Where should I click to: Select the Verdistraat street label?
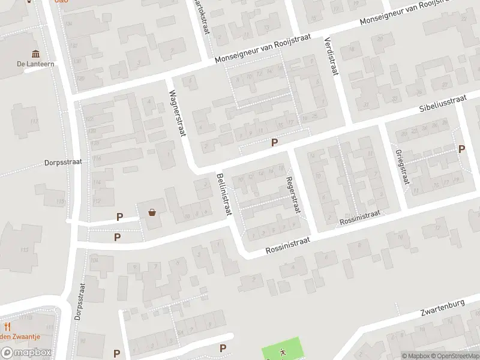tap(330, 56)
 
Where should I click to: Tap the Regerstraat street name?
tap(292, 194)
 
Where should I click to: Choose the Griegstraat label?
tap(403, 166)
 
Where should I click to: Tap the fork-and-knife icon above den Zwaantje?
tap(8, 326)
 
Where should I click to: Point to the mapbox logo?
tap(26, 353)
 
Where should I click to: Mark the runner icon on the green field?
tap(281, 352)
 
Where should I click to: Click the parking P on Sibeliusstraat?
tap(275, 142)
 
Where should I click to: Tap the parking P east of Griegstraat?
tap(461, 149)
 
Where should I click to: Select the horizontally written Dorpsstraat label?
tap(62, 162)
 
